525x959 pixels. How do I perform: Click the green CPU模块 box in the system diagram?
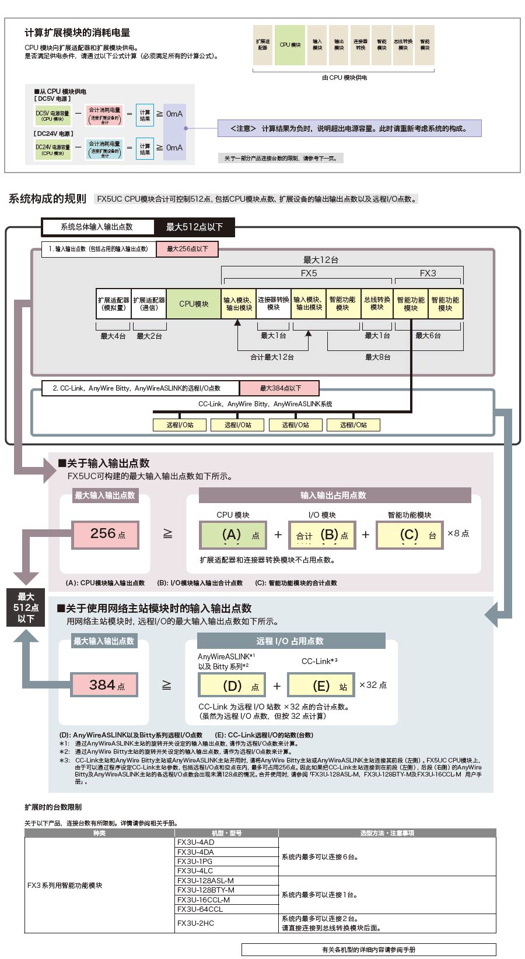tap(194, 304)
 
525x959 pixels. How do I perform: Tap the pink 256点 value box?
tap(106, 535)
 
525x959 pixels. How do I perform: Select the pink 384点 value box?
tap(105, 685)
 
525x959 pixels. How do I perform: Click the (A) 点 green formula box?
tap(233, 535)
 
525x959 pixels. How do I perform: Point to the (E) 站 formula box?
tap(321, 686)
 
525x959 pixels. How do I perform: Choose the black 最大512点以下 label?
tap(194, 227)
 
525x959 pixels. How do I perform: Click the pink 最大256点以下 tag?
tap(187, 249)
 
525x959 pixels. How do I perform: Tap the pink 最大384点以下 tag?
tap(279, 388)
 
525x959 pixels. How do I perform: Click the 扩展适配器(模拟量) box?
tap(114, 304)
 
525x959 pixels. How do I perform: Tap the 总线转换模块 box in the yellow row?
tap(377, 304)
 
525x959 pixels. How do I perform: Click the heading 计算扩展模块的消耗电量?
tap(78, 33)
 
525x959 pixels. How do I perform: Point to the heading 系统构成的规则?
tap(47, 199)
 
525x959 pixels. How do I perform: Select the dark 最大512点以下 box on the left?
tap(26, 607)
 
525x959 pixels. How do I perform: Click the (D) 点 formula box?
tap(232, 686)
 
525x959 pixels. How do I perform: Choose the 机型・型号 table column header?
tap(226, 833)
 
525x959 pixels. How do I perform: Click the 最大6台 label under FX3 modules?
tap(428, 336)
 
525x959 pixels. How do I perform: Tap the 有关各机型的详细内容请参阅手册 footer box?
tap(369, 950)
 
